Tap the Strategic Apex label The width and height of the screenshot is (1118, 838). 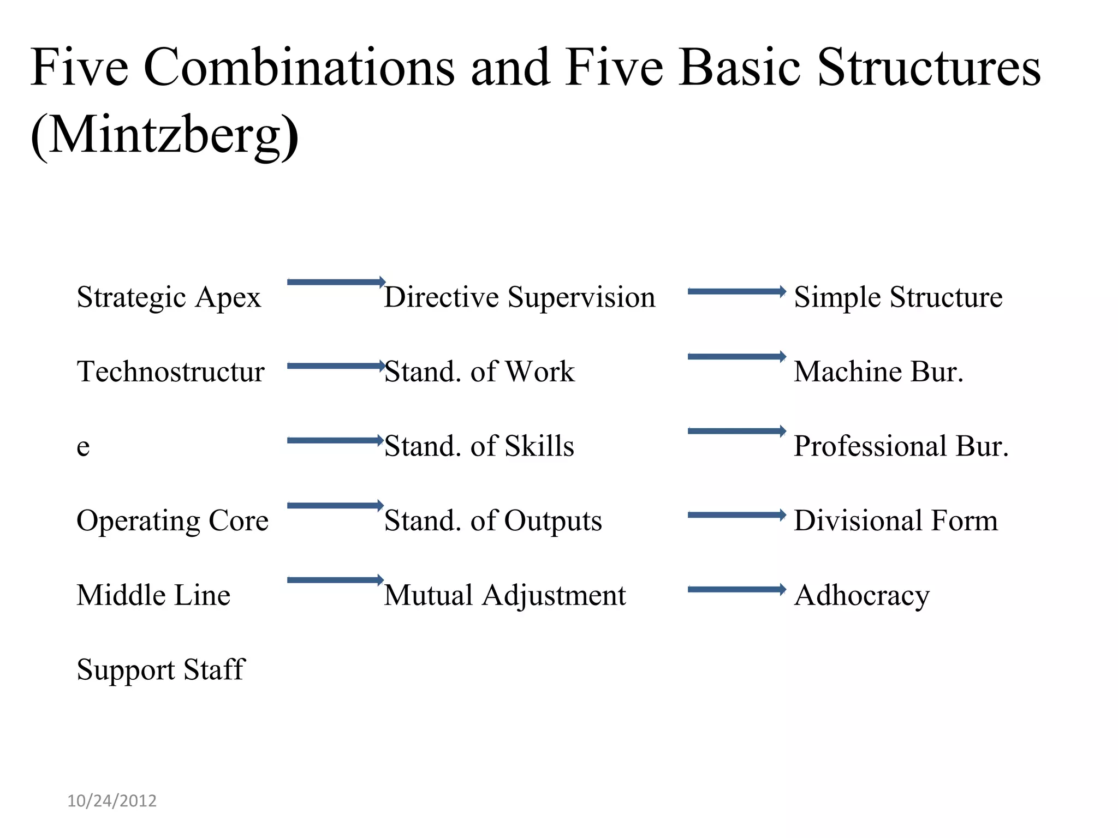tap(169, 297)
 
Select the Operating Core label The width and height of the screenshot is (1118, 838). tap(173, 520)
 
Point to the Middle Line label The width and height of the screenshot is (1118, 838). tap(153, 595)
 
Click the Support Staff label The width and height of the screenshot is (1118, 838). tap(161, 669)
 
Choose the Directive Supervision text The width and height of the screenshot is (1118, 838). tap(519, 297)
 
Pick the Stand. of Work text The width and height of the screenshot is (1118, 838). tap(479, 372)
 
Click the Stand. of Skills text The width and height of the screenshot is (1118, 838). tap(479, 446)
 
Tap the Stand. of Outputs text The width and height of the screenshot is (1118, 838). tap(493, 520)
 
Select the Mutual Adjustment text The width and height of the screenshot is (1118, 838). tap(505, 595)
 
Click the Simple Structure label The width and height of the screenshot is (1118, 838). tap(898, 297)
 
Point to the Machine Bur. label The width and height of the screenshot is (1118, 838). tap(878, 372)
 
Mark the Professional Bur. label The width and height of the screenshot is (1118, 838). tap(901, 446)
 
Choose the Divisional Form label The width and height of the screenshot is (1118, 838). tap(896, 520)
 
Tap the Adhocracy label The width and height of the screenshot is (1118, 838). tap(861, 595)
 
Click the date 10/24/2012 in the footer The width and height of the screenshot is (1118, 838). tap(112, 801)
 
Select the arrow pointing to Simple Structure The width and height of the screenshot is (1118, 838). tap(736, 291)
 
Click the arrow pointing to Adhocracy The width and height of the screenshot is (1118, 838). tap(736, 589)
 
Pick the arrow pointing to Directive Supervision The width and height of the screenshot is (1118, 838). tap(336, 282)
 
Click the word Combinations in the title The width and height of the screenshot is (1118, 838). tap(299, 68)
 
